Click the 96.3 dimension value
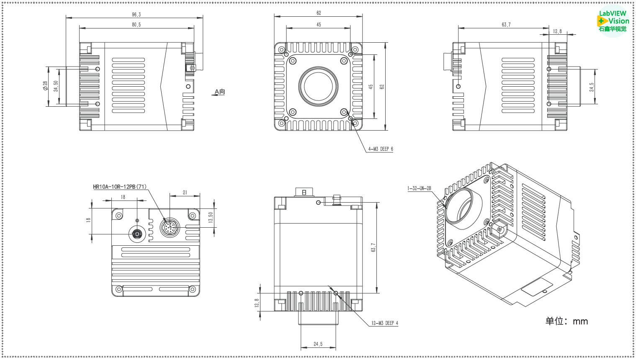(136, 15)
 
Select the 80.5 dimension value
(136, 25)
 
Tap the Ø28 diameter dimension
(45, 86)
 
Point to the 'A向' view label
(219, 92)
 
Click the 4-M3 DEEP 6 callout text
(381, 149)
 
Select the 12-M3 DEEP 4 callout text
(385, 323)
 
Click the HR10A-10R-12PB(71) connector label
(120, 187)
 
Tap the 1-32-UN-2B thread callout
(419, 188)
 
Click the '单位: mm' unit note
(566, 321)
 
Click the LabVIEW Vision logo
(613, 21)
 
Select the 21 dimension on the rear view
(185, 193)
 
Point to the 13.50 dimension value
(211, 217)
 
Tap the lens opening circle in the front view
(318, 87)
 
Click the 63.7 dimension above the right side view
(506, 25)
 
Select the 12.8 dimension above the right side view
(557, 31)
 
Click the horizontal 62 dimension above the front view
(319, 13)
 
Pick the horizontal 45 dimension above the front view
(319, 25)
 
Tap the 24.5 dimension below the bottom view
(318, 344)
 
